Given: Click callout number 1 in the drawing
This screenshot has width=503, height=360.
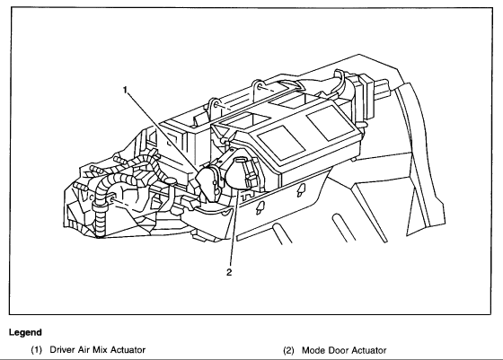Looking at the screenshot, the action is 126,90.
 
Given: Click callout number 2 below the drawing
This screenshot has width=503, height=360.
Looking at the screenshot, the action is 229,273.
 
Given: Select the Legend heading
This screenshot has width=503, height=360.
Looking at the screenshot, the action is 25,332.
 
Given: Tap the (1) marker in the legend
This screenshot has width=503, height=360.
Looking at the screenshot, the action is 37,350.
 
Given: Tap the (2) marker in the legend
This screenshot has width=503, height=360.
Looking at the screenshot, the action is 288,350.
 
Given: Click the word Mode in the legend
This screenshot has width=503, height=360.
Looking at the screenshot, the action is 313,350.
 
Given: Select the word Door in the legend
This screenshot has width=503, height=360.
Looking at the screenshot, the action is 338,350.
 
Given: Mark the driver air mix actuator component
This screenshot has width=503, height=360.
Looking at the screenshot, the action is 208,184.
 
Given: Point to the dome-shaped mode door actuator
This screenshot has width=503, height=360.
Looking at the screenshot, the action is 242,173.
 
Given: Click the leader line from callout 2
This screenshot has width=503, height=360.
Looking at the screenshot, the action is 234,229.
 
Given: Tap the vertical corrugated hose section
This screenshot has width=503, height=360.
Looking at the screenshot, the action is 100,221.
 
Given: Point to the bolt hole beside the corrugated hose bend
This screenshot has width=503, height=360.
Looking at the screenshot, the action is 111,199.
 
